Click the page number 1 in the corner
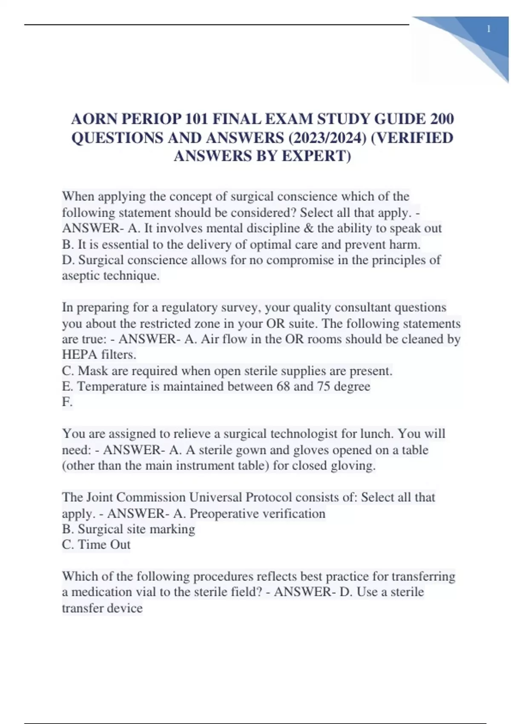tap(488, 29)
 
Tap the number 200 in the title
tap(442, 119)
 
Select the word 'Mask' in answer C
tap(93, 371)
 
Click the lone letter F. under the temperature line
tap(67, 402)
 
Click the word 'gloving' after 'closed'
tap(354, 465)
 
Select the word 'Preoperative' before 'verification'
tap(224, 514)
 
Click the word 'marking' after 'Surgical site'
tap(175, 529)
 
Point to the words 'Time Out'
tap(104, 545)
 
